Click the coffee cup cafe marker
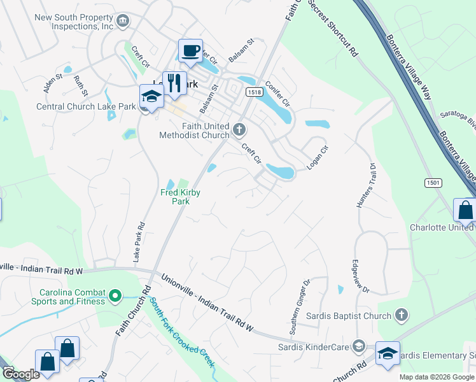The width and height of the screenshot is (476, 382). tap(190, 51)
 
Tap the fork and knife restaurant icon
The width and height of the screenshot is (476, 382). tap(173, 83)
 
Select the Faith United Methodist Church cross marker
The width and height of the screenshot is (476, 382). tap(239, 130)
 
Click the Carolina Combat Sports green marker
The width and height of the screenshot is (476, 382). tap(115, 295)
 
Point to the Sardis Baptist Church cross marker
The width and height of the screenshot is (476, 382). tap(401, 315)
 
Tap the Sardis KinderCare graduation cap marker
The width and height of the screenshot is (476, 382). tap(358, 346)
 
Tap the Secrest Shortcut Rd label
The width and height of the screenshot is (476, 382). tap(333, 29)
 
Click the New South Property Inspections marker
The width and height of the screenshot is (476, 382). tap(123, 20)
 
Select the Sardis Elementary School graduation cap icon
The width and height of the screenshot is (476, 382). tap(388, 354)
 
